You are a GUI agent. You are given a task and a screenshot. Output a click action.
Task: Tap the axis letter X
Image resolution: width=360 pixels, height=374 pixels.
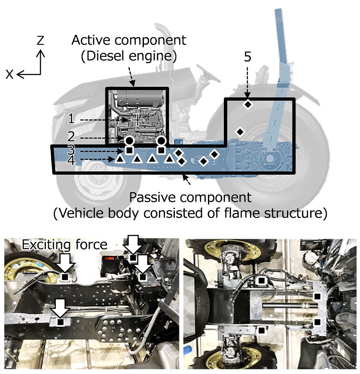click(x=9, y=74)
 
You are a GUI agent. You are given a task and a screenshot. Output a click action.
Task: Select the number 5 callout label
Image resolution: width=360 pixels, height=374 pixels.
click(x=247, y=58)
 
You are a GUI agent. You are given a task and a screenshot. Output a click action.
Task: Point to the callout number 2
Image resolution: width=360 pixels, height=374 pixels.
click(x=71, y=137)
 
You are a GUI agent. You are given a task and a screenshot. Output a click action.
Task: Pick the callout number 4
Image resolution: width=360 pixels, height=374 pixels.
click(x=71, y=160)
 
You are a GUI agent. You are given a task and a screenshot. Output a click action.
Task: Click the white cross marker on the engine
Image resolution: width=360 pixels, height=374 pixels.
click(x=137, y=120)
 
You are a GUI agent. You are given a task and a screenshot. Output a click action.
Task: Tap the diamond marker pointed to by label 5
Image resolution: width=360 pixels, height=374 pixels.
click(x=248, y=104)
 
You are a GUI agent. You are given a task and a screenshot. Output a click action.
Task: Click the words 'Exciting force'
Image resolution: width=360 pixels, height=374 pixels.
click(x=64, y=245)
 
